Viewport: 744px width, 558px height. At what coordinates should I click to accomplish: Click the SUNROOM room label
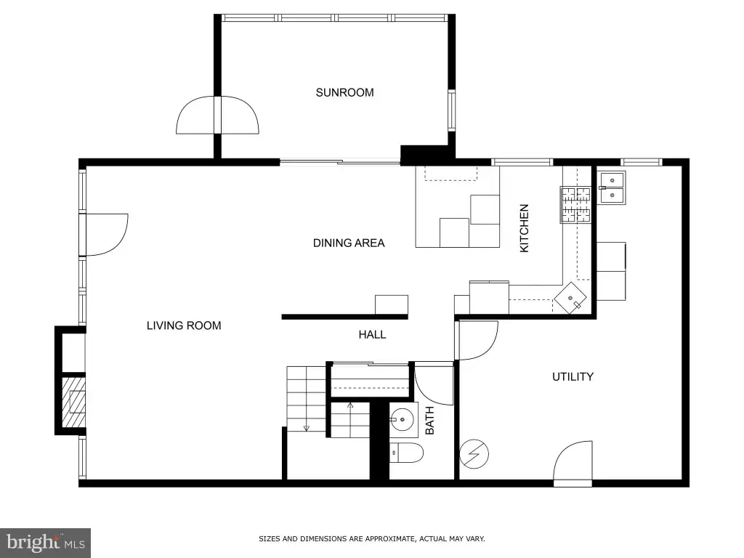pos(344,92)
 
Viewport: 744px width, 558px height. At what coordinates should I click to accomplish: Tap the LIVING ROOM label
pos(184,325)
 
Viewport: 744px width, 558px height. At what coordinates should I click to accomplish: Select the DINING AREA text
pos(349,243)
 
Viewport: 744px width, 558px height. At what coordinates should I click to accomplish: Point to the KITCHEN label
pos(524,228)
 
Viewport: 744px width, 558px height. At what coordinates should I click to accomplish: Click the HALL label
pos(372,334)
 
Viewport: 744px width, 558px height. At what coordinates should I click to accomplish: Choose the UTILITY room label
pos(573,377)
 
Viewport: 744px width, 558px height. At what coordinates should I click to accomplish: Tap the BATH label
pos(429,421)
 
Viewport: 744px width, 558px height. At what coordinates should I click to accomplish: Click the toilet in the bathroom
pos(406,453)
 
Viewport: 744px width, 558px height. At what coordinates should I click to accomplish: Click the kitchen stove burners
pos(576,205)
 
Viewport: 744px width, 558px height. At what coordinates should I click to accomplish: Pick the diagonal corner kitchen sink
pos(571,298)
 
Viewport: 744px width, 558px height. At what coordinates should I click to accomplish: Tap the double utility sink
pos(611,188)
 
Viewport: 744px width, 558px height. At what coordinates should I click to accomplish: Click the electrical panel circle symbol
pos(474,453)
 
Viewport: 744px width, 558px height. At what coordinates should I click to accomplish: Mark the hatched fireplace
pos(73,402)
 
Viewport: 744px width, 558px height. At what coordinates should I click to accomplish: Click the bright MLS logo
pos(45,543)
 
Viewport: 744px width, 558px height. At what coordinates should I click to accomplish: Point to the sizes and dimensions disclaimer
pos(371,538)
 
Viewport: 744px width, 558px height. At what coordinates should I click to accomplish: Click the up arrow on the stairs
pos(350,405)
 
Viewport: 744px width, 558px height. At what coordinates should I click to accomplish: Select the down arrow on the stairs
pos(307,428)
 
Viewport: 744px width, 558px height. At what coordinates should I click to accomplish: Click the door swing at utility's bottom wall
pos(573,464)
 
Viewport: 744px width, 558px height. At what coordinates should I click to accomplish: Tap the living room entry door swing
pos(107,235)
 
